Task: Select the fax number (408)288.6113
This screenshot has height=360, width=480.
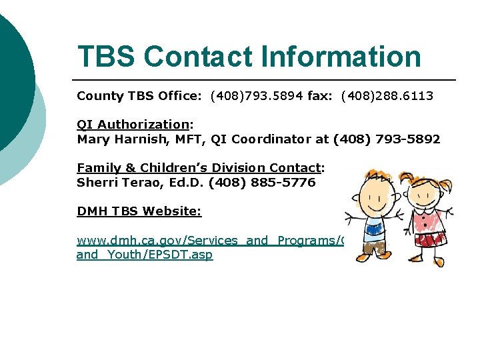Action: pyautogui.click(x=387, y=96)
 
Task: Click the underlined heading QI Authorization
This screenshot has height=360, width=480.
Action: pyautogui.click(x=133, y=124)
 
